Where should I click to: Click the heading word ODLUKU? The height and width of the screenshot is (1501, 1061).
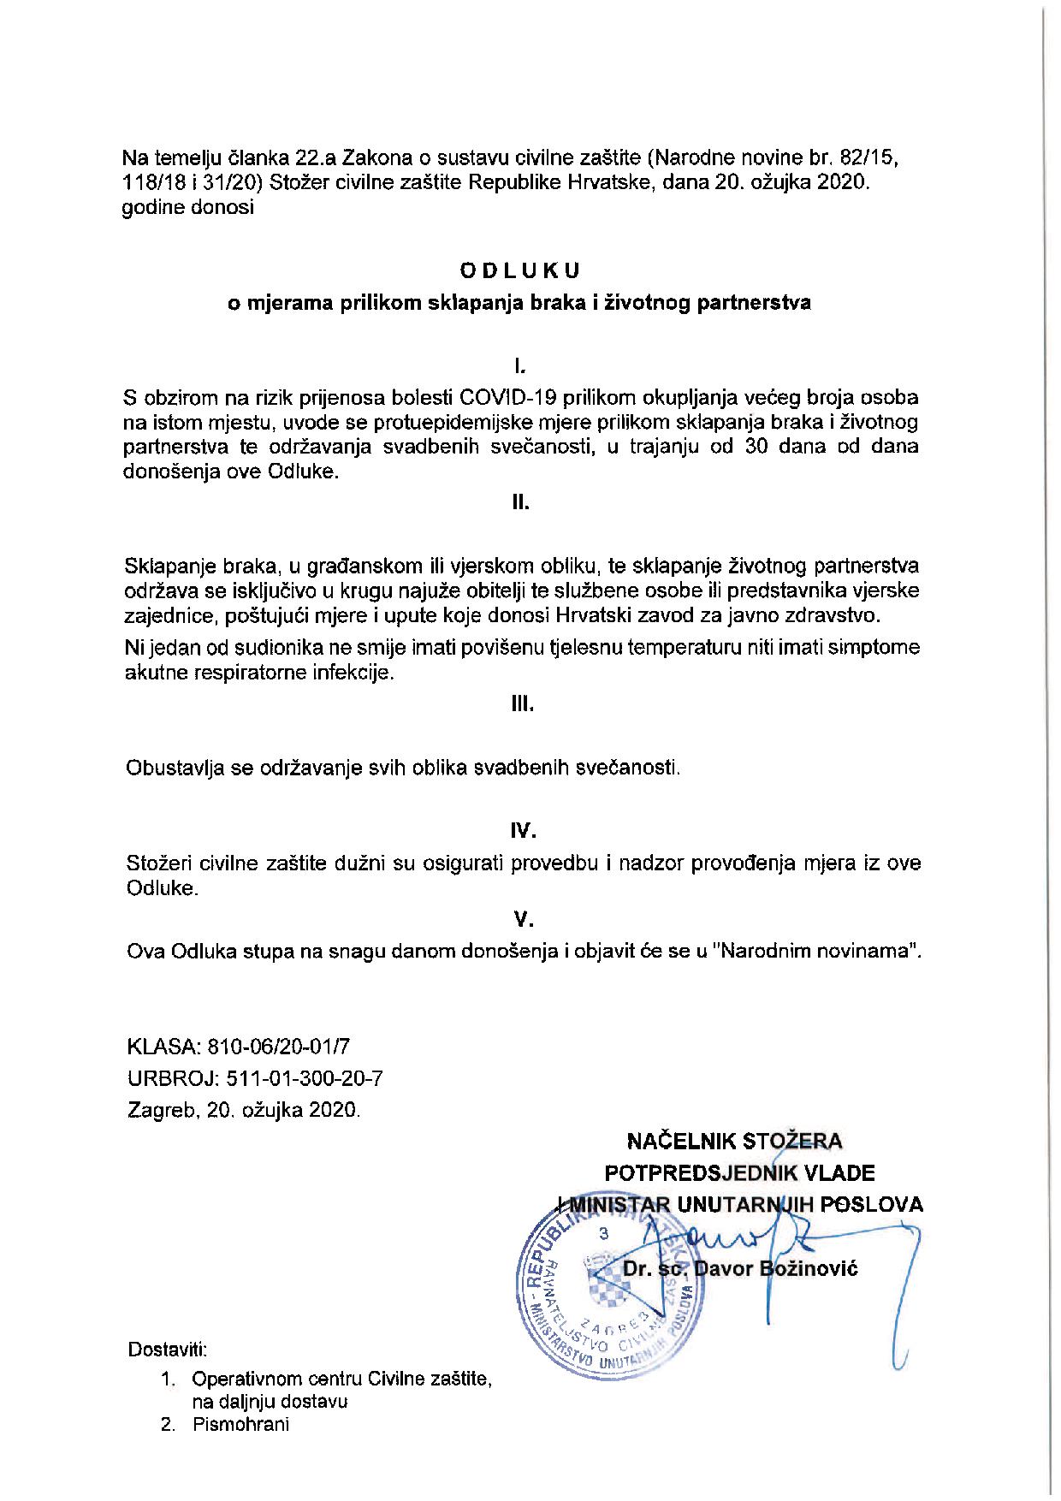coord(519,270)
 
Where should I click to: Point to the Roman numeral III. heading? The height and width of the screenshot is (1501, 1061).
coord(522,704)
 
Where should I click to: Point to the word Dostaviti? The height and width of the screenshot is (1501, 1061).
coord(167,1350)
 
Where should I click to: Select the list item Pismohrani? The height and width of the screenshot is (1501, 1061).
coord(240,1425)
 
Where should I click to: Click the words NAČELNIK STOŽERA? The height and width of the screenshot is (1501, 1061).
coord(735,1141)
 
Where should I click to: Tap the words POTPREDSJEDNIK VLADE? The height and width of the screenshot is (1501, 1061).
coord(739,1172)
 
